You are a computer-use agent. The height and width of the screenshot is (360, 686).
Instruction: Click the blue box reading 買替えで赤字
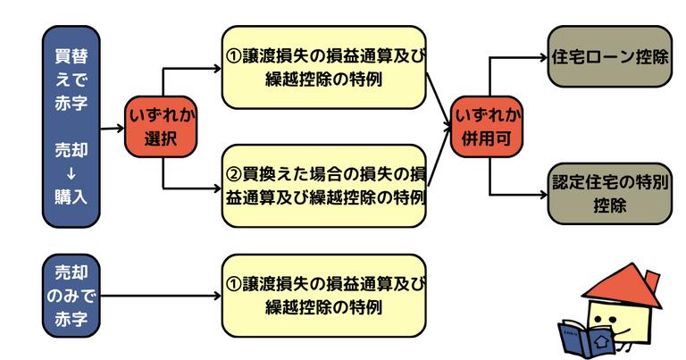(x=71, y=126)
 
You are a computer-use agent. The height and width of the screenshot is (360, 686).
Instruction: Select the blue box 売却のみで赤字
(x=71, y=294)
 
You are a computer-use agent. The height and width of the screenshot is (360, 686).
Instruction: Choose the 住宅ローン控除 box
(x=610, y=58)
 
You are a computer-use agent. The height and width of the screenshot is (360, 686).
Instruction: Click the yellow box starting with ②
(x=322, y=185)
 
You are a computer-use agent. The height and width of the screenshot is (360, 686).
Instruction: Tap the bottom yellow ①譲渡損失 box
(x=322, y=296)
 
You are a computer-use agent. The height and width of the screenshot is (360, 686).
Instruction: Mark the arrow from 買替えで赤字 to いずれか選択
(x=113, y=128)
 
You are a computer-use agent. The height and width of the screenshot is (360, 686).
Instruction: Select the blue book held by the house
(x=584, y=338)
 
